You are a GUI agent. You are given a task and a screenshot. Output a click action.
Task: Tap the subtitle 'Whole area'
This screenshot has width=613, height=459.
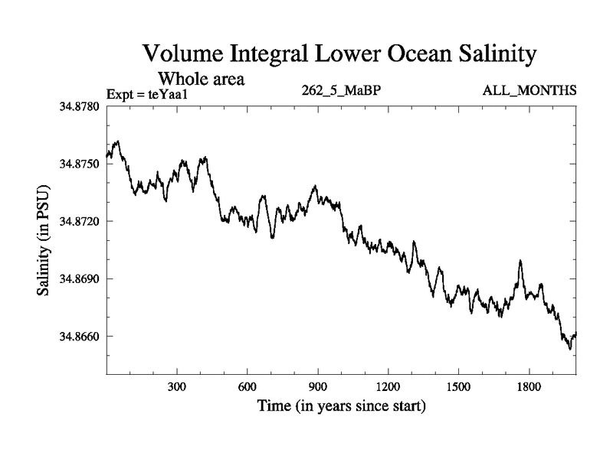[x=201, y=78]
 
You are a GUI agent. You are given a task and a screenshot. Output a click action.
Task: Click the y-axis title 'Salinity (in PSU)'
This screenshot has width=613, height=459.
[x=44, y=240]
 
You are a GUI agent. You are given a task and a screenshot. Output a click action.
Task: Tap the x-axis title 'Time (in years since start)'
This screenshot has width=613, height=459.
[x=341, y=405]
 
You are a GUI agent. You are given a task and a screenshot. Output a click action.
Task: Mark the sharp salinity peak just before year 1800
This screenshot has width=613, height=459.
[x=520, y=261]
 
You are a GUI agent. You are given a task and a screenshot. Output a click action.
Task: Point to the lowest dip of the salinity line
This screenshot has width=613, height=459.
[x=569, y=350]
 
